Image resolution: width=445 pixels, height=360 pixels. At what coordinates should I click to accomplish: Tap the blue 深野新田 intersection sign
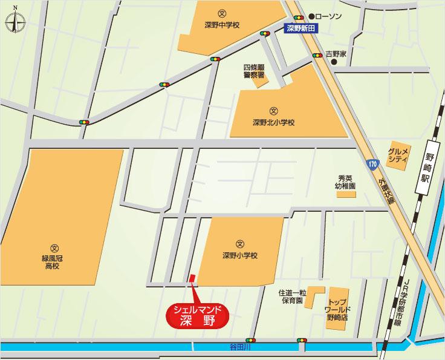tap(302, 27)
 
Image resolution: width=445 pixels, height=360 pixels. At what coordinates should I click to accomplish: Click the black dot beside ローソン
tap(311, 16)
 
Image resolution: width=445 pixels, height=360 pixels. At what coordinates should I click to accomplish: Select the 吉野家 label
tap(336, 54)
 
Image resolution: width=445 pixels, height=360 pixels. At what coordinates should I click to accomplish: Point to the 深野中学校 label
tap(221, 26)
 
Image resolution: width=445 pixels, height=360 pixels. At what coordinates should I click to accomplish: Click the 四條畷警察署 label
tap(254, 71)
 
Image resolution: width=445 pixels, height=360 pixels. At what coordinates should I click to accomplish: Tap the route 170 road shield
tap(371, 163)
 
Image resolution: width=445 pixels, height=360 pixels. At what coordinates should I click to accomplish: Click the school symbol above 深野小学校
tap(239, 243)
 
